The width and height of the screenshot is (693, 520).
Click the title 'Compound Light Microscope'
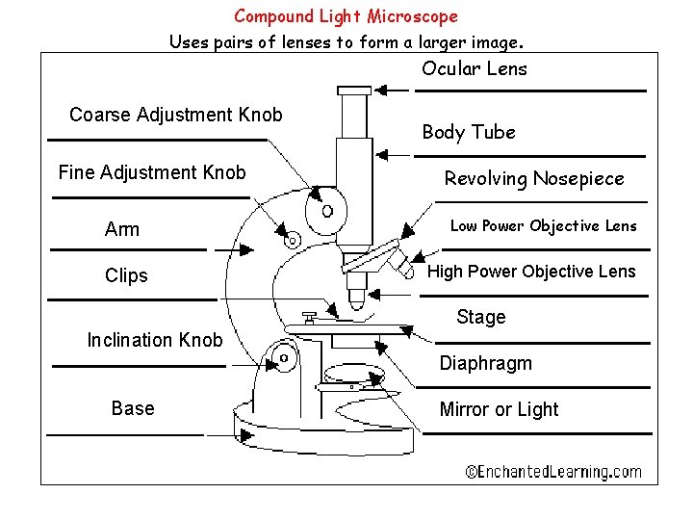click(x=346, y=16)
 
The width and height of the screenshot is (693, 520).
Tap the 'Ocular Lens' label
click(x=474, y=68)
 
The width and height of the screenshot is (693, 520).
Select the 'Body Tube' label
click(x=469, y=132)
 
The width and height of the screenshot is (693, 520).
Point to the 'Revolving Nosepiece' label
click(x=533, y=178)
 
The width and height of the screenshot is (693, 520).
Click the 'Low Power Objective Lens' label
click(x=543, y=226)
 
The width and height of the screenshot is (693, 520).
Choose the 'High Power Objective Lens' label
click(x=531, y=272)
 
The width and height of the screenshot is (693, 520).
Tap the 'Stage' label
click(x=480, y=317)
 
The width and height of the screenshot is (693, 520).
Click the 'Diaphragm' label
click(x=485, y=363)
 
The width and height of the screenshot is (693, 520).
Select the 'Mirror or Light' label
click(x=499, y=409)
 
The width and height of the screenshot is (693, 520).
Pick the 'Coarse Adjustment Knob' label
click(x=176, y=116)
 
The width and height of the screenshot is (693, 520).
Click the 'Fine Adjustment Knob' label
click(x=152, y=173)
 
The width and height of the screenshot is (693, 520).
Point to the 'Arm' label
click(x=122, y=229)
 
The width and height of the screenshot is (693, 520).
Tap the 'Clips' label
click(x=126, y=275)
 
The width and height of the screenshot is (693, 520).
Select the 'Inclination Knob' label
click(x=154, y=340)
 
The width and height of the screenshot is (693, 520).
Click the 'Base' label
click(x=133, y=408)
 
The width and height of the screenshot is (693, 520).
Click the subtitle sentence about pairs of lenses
click(x=346, y=42)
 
